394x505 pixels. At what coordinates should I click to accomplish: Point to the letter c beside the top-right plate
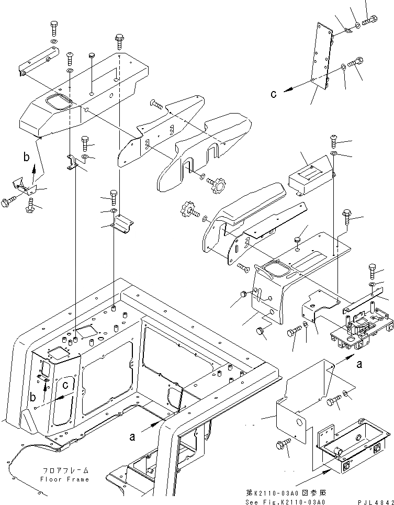288,94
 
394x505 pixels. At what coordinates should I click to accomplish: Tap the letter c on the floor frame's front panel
64,386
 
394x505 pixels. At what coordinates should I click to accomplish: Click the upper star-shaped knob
216,184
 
